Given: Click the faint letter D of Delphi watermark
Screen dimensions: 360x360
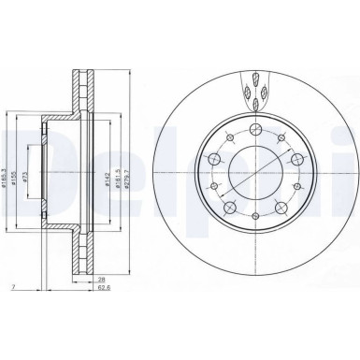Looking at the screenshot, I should point(23,154).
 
